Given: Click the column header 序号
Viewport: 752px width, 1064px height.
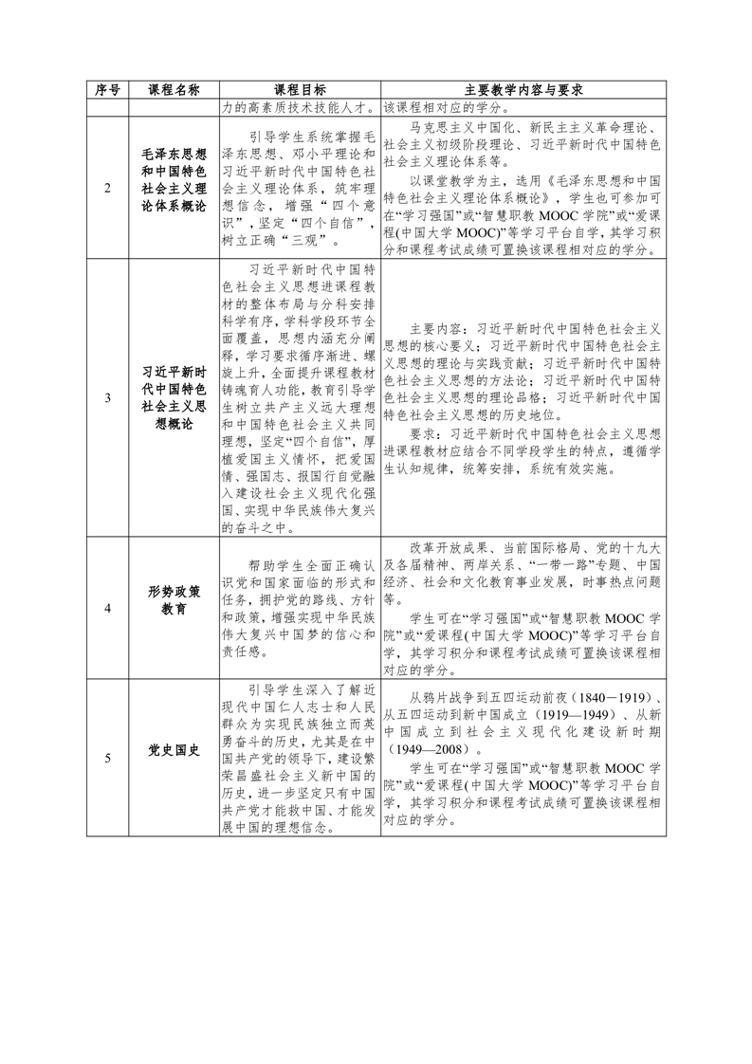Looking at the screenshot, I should [x=107, y=90].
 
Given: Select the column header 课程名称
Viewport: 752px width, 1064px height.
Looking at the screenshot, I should [x=174, y=90].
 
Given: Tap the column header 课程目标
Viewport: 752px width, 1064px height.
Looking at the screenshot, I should [x=299, y=90].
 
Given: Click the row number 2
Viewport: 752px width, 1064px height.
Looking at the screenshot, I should [x=107, y=189].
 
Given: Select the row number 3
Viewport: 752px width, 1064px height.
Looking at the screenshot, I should [x=107, y=399].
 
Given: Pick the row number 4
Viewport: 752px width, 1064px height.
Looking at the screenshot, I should [x=107, y=609].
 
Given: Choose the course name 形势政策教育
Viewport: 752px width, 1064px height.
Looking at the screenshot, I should [x=174, y=600].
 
